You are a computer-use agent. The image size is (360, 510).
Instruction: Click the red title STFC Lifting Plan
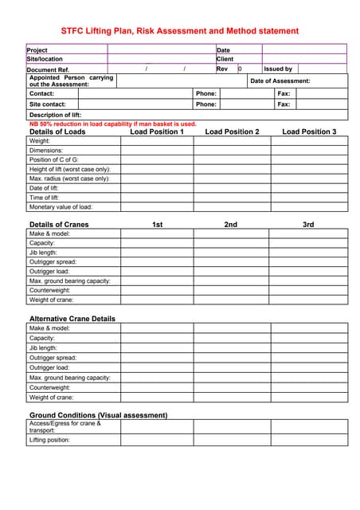[x=179, y=31]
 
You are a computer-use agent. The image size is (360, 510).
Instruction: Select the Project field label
[x=37, y=49]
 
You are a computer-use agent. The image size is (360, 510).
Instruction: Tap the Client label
[x=225, y=59]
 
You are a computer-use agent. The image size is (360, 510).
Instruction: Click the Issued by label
[x=278, y=69]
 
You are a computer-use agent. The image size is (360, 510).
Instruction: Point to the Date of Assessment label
[x=280, y=80]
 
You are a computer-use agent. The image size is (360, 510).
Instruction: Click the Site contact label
[x=47, y=104]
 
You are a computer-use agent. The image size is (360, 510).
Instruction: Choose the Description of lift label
[x=56, y=115]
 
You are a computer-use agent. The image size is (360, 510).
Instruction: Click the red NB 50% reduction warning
[x=112, y=124]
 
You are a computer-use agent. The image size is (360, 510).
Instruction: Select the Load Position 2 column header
[x=232, y=131]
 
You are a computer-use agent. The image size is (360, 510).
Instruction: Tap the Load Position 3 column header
[x=309, y=131]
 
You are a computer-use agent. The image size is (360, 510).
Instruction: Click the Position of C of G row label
[x=54, y=159]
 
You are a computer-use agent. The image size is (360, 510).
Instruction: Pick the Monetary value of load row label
[x=61, y=207]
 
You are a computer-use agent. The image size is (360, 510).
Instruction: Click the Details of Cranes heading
[x=59, y=225]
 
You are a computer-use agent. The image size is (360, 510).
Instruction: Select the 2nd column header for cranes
[x=230, y=225]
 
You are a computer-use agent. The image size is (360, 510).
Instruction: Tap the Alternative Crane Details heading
[x=72, y=319]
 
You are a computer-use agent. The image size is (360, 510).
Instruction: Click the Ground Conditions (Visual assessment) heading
[x=98, y=415]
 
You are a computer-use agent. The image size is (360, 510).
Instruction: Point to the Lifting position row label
[x=49, y=440]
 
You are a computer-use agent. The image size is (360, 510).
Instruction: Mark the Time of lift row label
[x=45, y=198]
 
